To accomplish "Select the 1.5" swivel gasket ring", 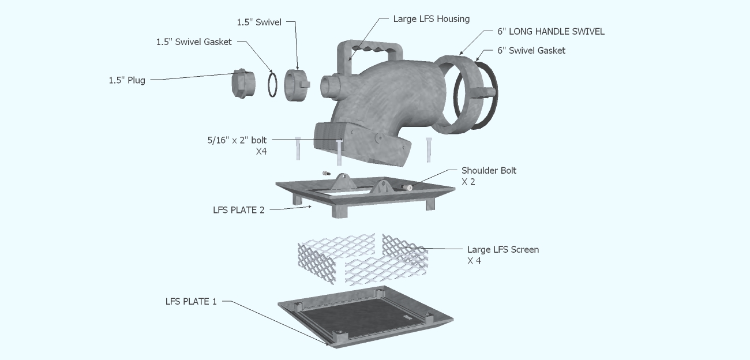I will (272, 84).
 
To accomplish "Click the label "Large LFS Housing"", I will (431, 19).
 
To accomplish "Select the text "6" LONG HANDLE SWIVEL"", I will (551, 32).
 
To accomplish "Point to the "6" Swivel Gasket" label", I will (531, 50).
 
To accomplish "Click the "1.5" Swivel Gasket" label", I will (194, 42).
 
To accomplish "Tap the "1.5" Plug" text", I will (127, 80).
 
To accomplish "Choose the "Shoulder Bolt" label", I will (489, 170).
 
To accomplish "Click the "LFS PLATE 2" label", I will (238, 210).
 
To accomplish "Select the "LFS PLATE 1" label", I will (191, 301).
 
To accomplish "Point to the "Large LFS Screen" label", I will (502, 249).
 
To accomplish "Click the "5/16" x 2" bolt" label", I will (237, 140).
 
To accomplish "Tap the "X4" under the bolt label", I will (261, 152).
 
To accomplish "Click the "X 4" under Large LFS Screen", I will (474, 261).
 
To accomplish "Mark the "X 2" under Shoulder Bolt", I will (468, 182).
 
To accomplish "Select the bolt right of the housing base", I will (429, 149).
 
